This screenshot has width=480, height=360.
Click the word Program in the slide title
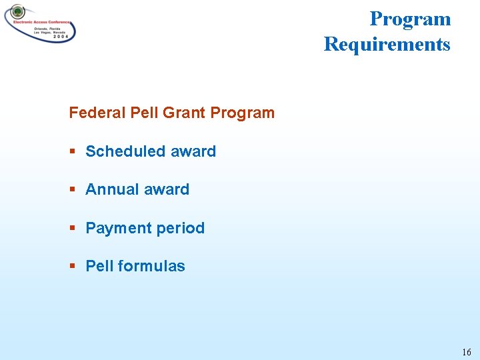click(410, 19)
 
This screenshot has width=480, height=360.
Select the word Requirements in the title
click(387, 45)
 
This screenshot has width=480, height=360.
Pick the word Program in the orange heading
click(242, 113)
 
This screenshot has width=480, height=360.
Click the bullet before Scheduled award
click(72, 152)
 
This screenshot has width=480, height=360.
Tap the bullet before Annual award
click(72, 190)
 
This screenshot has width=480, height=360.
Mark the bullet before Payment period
click(72, 229)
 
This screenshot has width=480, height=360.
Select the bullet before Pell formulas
click(72, 267)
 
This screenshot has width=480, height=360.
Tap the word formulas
click(151, 266)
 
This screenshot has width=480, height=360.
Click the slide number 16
click(465, 351)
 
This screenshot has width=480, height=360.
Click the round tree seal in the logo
click(17, 12)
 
